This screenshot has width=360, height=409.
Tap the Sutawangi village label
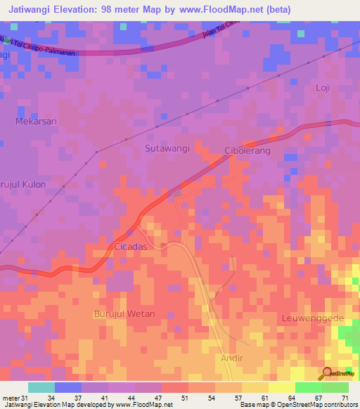click(x=167, y=148)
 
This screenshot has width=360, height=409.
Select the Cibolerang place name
click(x=247, y=150)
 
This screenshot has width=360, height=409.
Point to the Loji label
click(x=323, y=88)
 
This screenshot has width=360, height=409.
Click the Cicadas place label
click(x=130, y=247)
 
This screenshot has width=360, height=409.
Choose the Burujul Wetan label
click(x=124, y=313)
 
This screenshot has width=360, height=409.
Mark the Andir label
click(x=232, y=358)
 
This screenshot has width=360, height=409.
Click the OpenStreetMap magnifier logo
click(x=328, y=373)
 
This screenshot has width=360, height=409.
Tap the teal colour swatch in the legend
click(x=41, y=387)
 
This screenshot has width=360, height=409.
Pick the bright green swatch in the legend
click(x=308, y=387)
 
